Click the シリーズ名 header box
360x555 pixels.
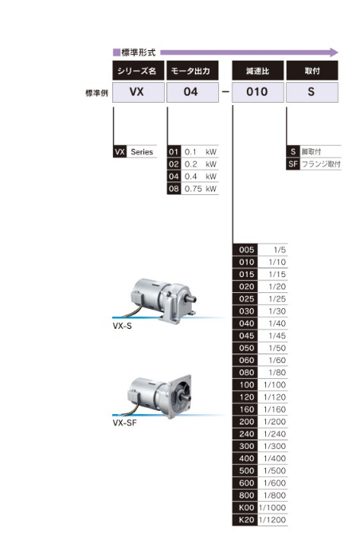point(138,70)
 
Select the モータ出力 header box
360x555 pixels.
point(192,70)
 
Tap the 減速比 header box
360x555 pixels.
point(258,70)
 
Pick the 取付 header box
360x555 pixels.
point(312,70)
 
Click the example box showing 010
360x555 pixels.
point(258,92)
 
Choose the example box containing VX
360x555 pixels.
point(138,92)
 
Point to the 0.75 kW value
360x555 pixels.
point(201,189)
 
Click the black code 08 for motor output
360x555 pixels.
point(174,189)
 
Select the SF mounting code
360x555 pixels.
point(293,164)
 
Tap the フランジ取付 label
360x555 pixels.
point(321,164)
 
